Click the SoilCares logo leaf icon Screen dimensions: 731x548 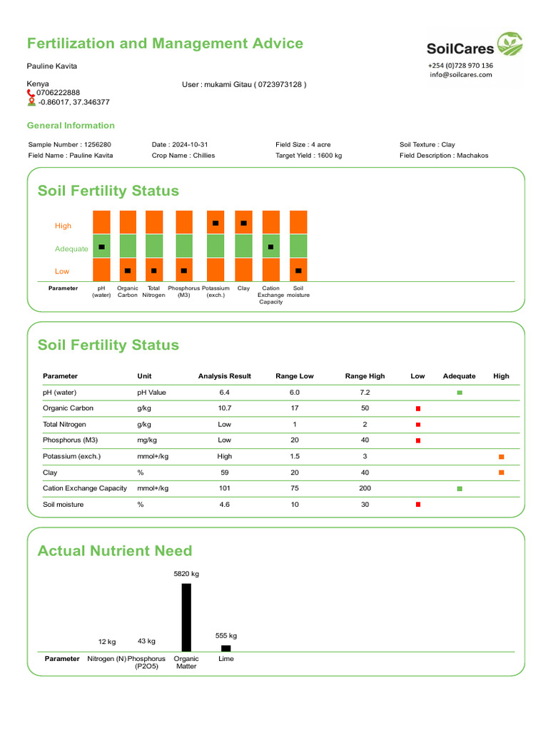509,44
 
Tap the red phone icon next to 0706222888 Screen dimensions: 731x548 31,93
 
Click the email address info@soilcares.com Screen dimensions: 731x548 461,74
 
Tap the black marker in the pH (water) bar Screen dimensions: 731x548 101,247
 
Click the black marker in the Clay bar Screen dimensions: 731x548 243,223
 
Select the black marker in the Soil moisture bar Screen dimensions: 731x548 298,271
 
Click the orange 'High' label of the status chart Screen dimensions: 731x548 63,226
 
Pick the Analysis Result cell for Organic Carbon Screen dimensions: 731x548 225,408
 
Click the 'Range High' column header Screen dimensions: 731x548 365,376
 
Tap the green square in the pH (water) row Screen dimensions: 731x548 460,393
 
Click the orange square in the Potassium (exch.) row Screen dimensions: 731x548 501,456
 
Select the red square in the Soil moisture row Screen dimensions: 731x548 418,505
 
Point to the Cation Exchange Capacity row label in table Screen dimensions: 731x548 84,488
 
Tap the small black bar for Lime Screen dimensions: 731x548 225,648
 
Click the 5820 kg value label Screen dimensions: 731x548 186,573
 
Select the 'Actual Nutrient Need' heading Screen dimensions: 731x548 114,550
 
